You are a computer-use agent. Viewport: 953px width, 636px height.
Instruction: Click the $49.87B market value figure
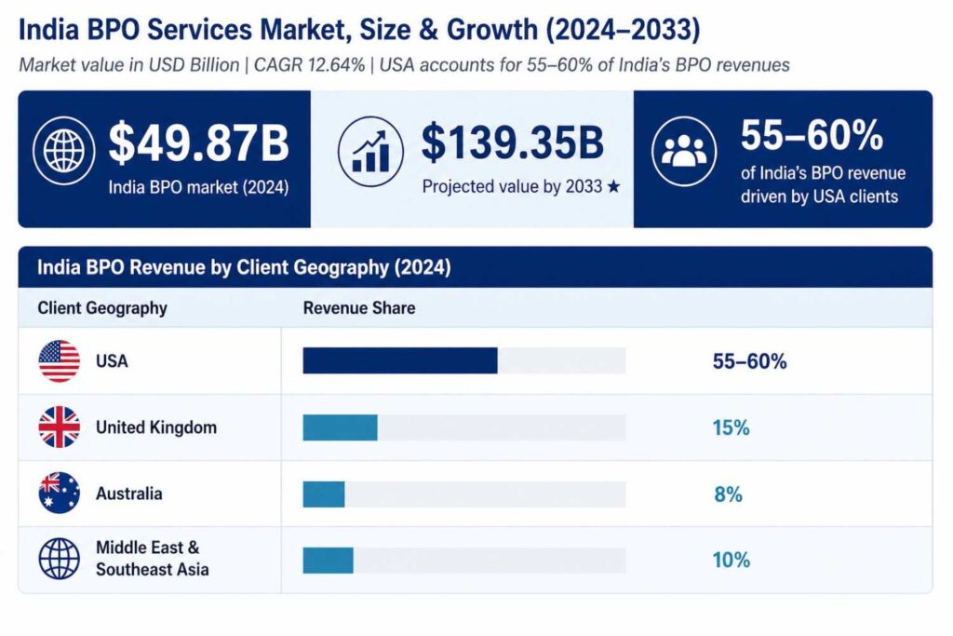coord(199,143)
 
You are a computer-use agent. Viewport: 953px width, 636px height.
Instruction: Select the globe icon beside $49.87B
coord(63,150)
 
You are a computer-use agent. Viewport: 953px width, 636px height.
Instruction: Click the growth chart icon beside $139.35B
coord(369,150)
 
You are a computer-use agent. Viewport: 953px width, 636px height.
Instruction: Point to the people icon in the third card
coord(683,151)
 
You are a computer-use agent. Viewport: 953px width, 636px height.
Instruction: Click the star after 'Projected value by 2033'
coord(613,186)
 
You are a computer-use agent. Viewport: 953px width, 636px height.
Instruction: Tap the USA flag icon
coord(59,361)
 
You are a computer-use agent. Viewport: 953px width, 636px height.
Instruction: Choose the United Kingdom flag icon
coord(59,427)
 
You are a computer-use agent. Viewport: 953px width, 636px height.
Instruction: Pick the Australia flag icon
coord(59,494)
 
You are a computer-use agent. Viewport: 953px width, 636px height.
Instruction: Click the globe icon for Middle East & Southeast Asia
coord(59,560)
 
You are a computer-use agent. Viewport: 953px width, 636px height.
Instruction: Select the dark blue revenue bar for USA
coord(400,361)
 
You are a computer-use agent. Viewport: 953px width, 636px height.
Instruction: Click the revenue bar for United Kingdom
coord(340,427)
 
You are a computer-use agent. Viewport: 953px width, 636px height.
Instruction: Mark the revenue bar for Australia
coord(324,494)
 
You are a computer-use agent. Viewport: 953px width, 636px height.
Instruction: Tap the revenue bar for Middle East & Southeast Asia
coord(328,560)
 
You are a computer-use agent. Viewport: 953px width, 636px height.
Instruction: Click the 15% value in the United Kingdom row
coord(731,428)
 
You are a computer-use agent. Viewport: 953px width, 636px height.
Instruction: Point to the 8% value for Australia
coord(728,494)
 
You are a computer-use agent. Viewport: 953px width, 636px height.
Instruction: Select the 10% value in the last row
coord(731,561)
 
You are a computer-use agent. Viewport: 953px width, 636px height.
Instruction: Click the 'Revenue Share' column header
coord(359,308)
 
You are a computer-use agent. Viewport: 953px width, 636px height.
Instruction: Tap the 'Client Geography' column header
coord(102,308)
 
